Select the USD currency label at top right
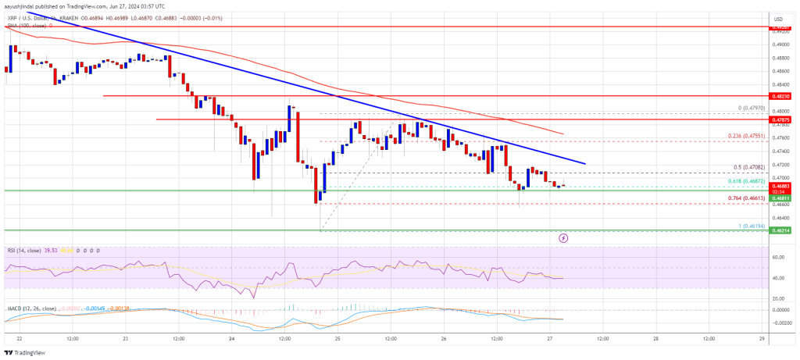click(x=778, y=18)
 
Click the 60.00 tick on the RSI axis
click(x=777, y=256)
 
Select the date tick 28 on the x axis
click(x=654, y=340)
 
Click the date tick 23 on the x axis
click(x=125, y=340)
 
